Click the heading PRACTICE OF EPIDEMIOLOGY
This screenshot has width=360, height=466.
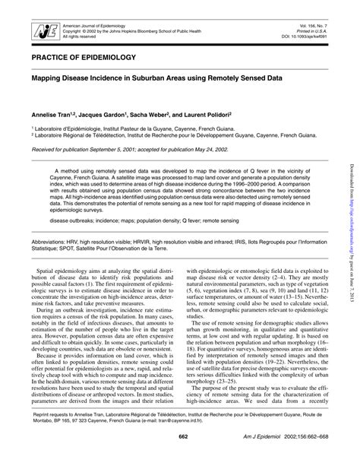pyautogui.click(x=84, y=57)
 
